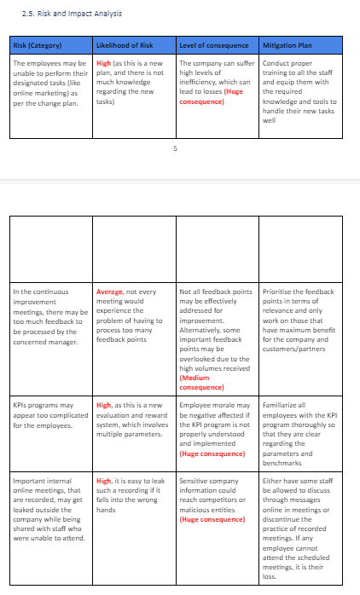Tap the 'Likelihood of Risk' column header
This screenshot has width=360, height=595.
(125, 45)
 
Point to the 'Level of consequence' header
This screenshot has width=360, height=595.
(213, 45)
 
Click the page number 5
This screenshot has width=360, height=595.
(175, 147)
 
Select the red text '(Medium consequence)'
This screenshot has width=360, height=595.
(201, 383)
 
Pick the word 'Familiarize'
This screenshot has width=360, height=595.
(281, 405)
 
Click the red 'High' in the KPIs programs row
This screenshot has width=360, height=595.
(104, 405)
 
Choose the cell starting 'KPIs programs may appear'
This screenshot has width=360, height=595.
(50, 414)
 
